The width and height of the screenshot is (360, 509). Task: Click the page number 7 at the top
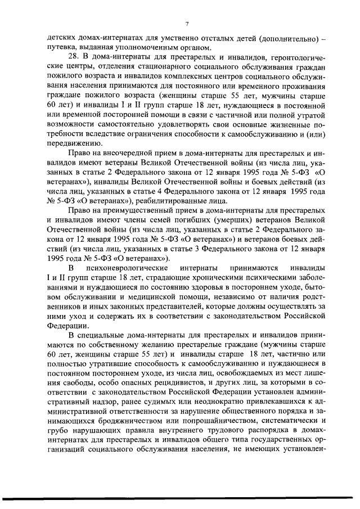click(x=186, y=23)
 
